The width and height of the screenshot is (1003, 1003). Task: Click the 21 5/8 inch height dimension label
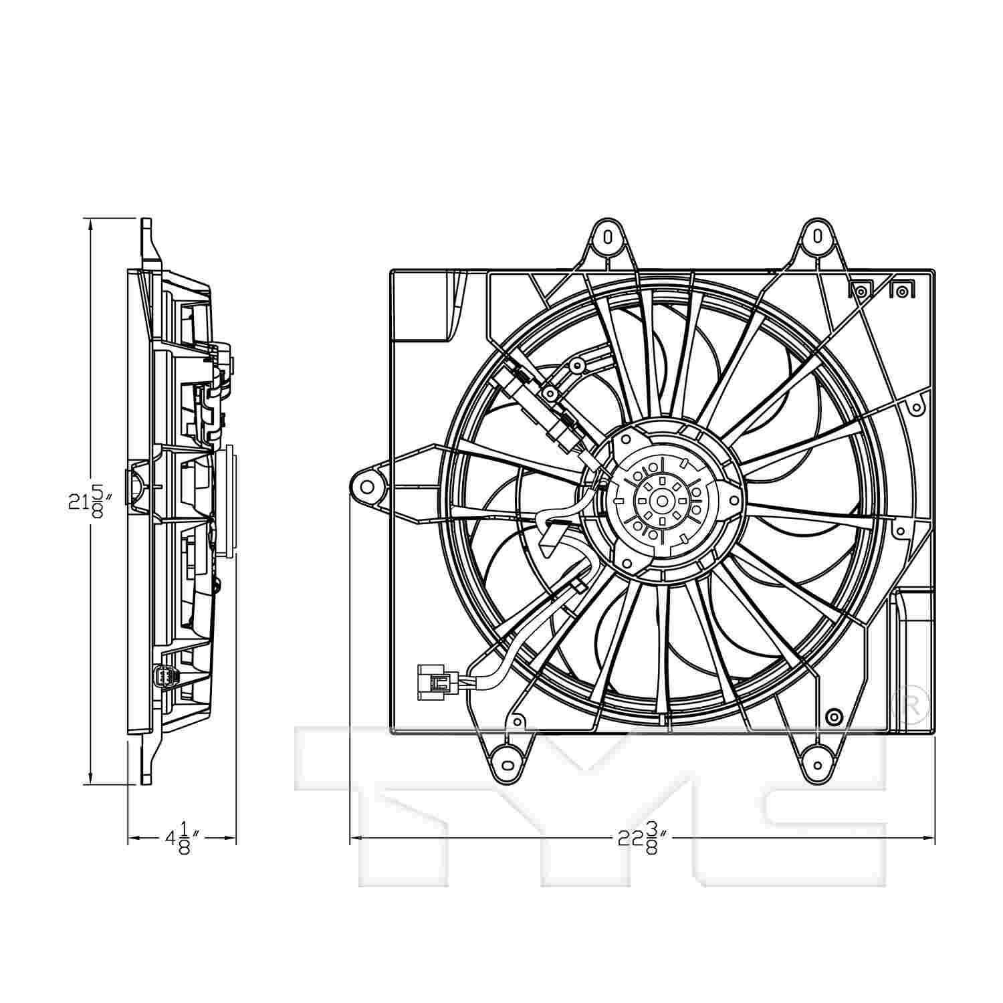click(87, 502)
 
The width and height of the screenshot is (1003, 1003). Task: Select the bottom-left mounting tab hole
click(506, 763)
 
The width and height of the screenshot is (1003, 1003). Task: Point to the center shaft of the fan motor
click(661, 500)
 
